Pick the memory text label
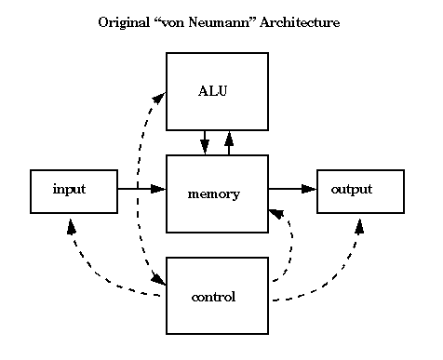213,194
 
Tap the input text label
69,189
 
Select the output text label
351,189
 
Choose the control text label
212,298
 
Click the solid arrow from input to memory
140,189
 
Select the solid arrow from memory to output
291,189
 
